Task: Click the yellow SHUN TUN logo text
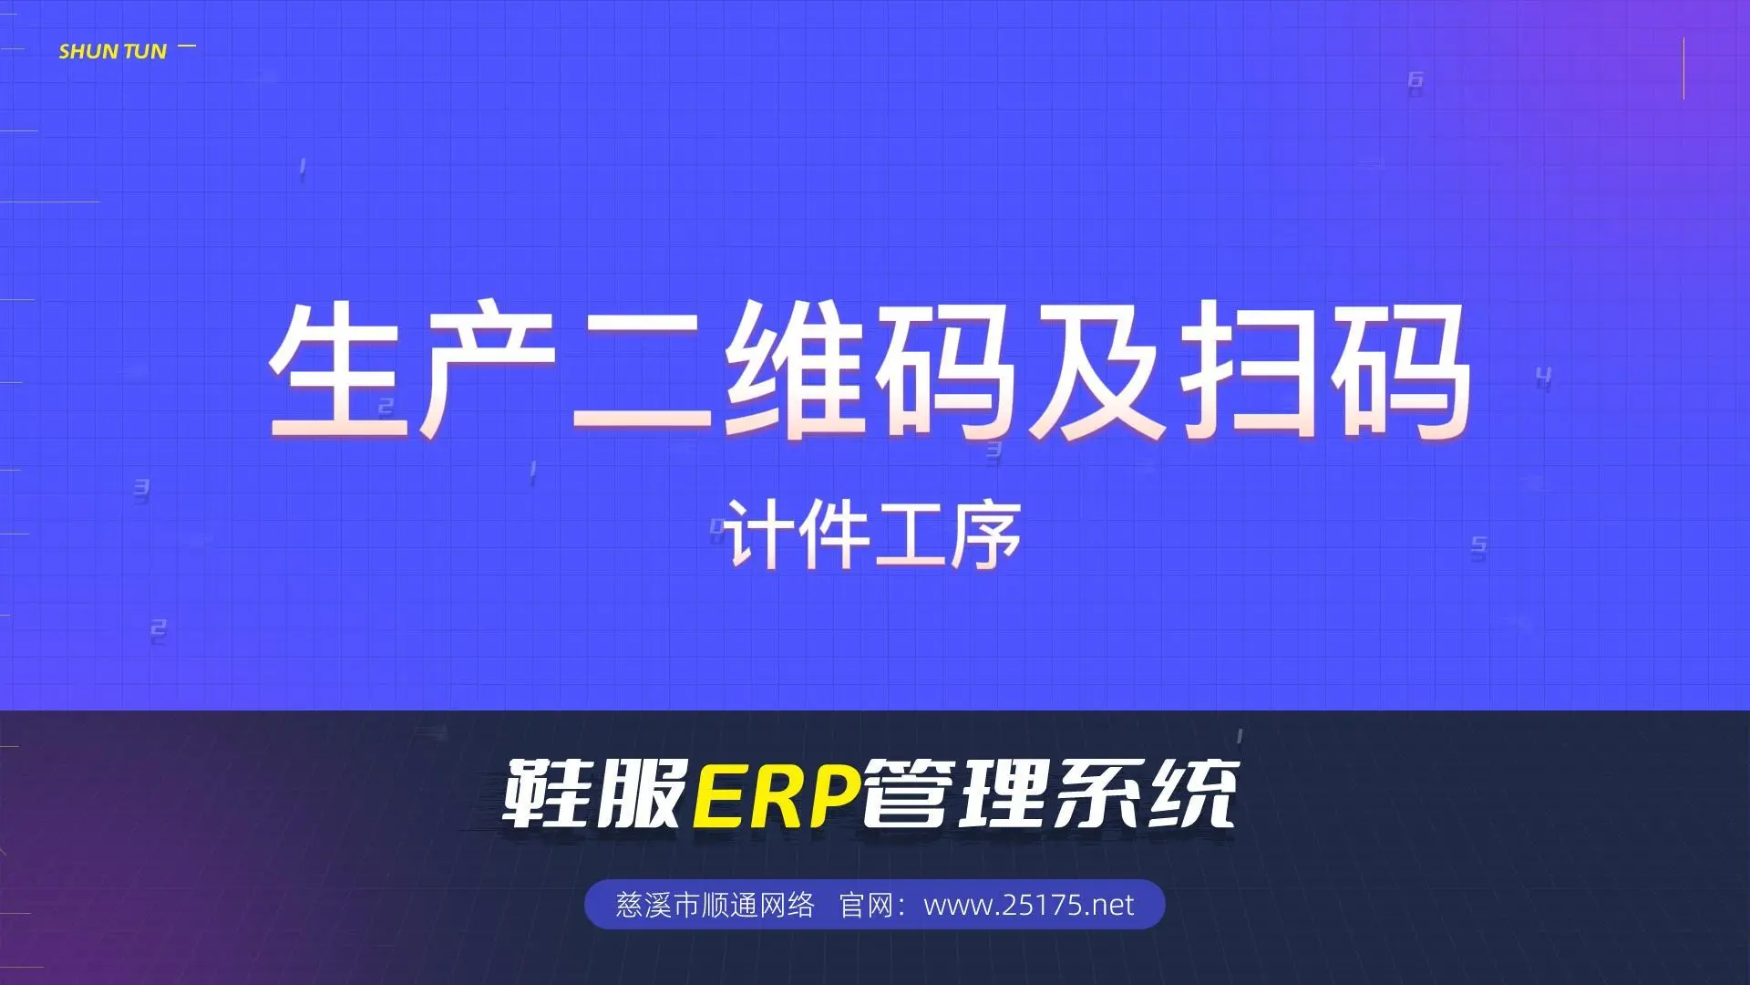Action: [113, 52]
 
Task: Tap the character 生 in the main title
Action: [339, 370]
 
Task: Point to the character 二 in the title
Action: [642, 374]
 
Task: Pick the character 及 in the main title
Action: [1097, 370]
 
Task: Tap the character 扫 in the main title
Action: [1249, 370]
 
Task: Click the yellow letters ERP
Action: [777, 795]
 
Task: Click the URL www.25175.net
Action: [1029, 905]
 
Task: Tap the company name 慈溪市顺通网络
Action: [715, 905]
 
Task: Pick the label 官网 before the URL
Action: [866, 905]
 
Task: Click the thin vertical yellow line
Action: [1683, 68]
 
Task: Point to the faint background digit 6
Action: [1415, 80]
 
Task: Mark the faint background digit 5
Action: [1478, 547]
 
